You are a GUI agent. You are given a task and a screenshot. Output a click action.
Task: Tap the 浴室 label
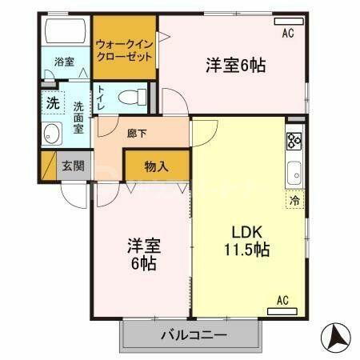tap(63, 61)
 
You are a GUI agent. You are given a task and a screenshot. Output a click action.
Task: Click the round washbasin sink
tap(54, 134)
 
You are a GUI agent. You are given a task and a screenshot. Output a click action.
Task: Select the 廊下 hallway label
tap(135, 134)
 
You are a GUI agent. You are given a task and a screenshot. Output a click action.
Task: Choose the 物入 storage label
tap(156, 166)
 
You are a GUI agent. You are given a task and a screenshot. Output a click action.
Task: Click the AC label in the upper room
tap(289, 33)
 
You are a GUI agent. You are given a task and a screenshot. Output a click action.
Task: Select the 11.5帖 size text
tap(246, 249)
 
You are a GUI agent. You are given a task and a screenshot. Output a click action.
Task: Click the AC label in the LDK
tap(282, 300)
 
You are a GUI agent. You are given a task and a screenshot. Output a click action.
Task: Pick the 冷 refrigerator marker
tap(295, 202)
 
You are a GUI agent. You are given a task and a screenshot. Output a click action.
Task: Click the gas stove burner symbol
tap(294, 142)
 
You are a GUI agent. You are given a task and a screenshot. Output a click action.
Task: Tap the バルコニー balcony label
tap(191, 335)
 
